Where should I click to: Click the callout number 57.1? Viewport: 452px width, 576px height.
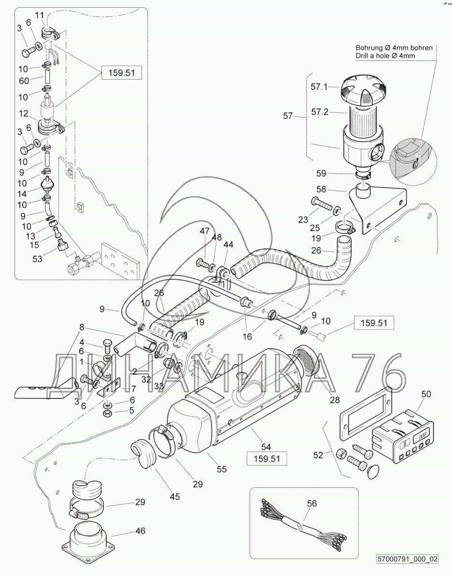pos(319,87)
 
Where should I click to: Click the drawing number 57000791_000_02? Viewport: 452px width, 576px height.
pos(408,559)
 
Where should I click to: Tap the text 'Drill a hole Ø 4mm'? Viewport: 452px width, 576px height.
pos(385,56)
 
